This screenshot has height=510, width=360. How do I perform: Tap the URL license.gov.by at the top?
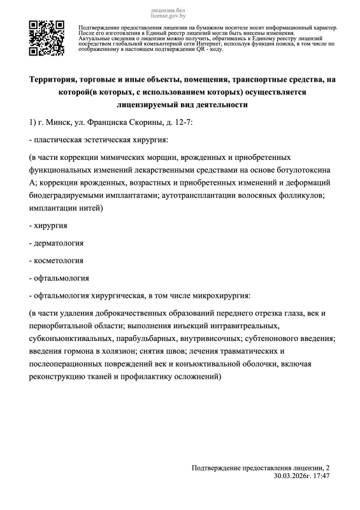click(168, 18)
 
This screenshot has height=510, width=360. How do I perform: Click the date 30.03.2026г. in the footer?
click(294, 476)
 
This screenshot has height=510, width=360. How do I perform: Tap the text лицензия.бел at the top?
click(168, 12)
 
